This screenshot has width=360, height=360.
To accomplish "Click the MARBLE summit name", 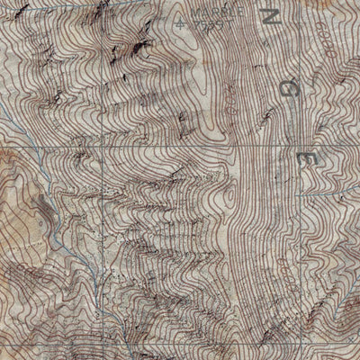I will click(202, 15).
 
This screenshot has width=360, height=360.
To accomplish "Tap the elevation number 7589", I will click(204, 25).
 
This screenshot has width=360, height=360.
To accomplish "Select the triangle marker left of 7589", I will click(184, 21).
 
